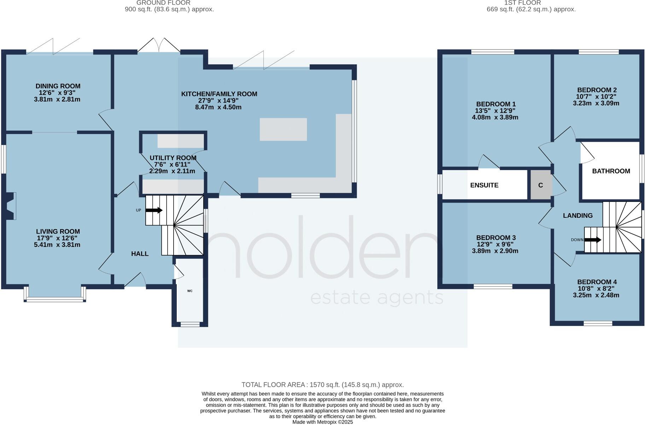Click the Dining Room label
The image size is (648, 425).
58,86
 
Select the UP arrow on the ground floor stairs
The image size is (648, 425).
154,210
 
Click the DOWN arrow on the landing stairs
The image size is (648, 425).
592,240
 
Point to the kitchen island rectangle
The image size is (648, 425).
283,129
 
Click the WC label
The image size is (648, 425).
190,291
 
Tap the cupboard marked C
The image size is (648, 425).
541,185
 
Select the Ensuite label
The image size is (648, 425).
484,185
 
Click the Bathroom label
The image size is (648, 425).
611,171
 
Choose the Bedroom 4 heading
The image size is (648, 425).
597,282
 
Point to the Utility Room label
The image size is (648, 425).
173,158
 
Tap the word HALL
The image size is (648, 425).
140,254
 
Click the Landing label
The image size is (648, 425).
578,215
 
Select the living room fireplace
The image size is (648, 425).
10,206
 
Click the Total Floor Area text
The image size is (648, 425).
322,385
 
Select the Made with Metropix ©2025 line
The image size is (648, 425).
322,422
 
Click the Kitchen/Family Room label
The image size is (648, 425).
219,94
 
